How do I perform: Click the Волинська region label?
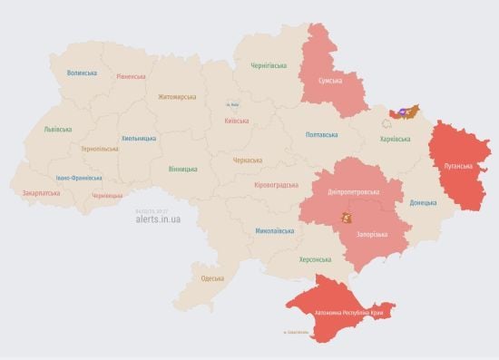pyautogui.click(x=82, y=73)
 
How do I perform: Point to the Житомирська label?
pyautogui.click(x=177, y=96)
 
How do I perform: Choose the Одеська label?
pyautogui.click(x=212, y=277)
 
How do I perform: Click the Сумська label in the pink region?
pyautogui.click(x=328, y=82)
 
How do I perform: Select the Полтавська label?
pyautogui.click(x=323, y=134)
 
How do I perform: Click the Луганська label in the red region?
pyautogui.click(x=457, y=166)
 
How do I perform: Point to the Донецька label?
pyautogui.click(x=423, y=202)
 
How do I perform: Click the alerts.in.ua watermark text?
pyautogui.click(x=157, y=219)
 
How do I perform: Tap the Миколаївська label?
pyautogui.click(x=274, y=231)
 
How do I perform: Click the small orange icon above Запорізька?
pyautogui.click(x=345, y=218)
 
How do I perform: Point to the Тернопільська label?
pyautogui.click(x=99, y=148)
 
